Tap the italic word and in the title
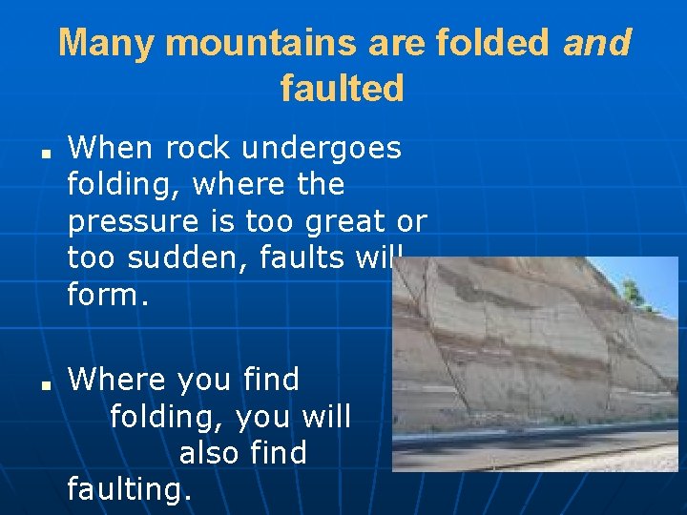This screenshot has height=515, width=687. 597,43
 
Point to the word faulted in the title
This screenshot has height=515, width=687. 343,89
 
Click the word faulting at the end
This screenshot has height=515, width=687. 130,490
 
